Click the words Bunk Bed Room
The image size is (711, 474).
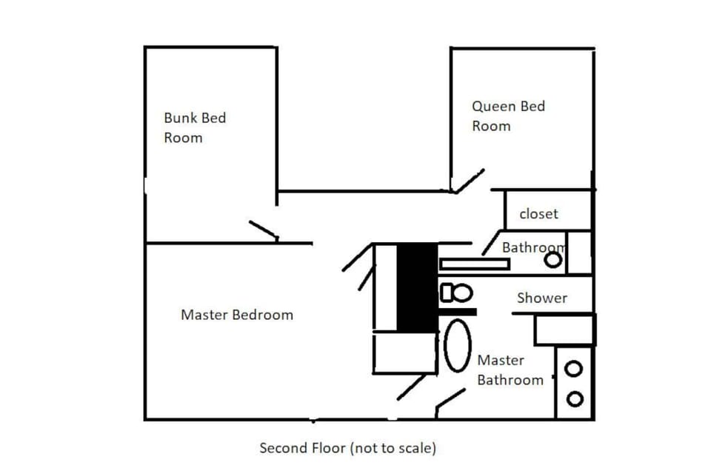(195, 127)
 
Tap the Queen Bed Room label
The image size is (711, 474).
(508, 116)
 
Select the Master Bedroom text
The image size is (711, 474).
(237, 315)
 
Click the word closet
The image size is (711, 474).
(538, 214)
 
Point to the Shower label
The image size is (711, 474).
(542, 298)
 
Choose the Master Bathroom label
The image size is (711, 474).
(510, 370)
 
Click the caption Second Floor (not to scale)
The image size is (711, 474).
(347, 448)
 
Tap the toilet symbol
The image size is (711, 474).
(456, 293)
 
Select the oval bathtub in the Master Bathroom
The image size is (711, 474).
(458, 346)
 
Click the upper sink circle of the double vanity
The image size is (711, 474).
(574, 368)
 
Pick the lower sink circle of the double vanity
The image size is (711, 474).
(574, 398)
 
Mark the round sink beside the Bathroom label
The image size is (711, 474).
(553, 259)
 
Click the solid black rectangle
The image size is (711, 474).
(417, 287)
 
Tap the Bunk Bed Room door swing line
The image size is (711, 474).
(264, 230)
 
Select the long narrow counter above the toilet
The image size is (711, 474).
(474, 264)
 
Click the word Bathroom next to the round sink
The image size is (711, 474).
(533, 247)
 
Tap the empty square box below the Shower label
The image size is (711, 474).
(564, 330)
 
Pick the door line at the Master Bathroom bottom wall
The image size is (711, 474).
(450, 401)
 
